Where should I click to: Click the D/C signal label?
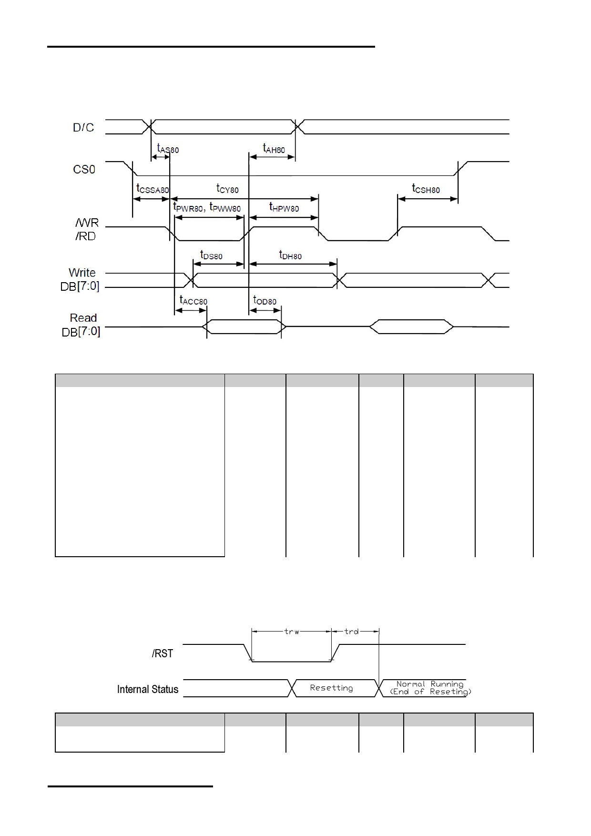pos(83,127)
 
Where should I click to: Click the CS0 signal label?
pos(84,169)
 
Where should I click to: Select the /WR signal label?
pos(87,223)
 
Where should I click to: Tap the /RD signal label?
pos(86,236)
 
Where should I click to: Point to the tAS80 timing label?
pos(168,148)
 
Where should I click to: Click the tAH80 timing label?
pos(274,148)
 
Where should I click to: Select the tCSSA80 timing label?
pos(153,188)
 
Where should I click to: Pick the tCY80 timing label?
pos(227,188)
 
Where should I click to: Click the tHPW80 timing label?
pos(284,207)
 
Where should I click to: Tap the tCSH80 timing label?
pos(426,188)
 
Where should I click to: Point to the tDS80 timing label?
pos(211,255)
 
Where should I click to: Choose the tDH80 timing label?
pos(290,255)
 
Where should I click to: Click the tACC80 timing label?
pos(193,300)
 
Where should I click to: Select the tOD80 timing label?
pos(265,300)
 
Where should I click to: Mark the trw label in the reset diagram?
pos(292,632)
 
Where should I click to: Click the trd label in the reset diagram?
pos(351,632)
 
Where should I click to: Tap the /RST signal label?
pos(163,653)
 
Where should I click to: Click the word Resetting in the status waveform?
pos(331,688)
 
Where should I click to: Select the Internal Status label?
pos(148,689)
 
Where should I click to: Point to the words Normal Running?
pos(430,684)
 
